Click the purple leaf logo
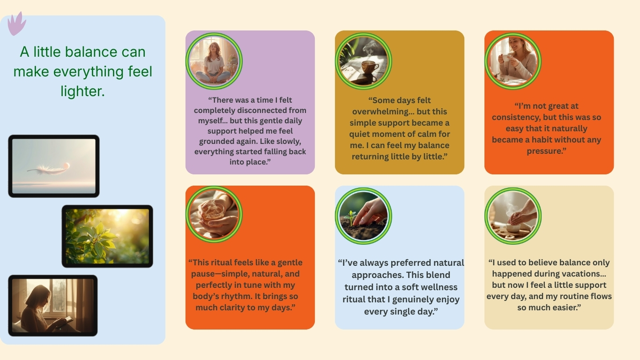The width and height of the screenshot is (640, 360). pos(16,23)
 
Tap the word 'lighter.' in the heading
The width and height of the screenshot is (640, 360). pos(82,91)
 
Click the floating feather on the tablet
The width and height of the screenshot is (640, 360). pos(49,169)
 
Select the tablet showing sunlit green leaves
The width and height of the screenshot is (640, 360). pos(107,236)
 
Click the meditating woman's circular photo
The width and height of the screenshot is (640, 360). pos(214,61)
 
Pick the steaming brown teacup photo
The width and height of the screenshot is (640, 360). pos(364,61)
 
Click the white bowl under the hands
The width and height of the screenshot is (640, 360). pos(513,228)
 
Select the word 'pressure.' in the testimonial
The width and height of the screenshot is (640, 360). pos(546,151)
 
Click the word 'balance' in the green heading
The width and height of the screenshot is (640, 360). pos(91,52)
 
